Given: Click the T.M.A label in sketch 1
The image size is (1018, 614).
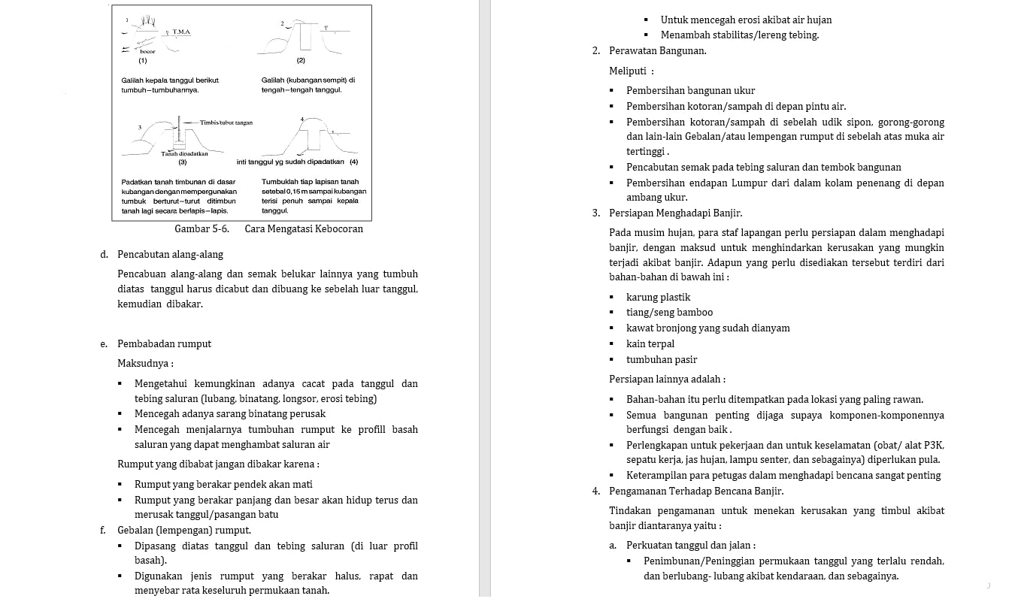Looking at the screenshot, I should point(181,32).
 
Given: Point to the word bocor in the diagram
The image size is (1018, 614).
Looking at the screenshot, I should point(147,51).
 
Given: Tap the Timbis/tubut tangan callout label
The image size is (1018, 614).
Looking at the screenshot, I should point(226,122).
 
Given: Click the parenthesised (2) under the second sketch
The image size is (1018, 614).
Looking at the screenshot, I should point(301,59).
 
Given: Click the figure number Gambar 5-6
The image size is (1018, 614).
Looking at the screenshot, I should point(201,228).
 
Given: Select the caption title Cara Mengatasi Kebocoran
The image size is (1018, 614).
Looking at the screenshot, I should point(304,228).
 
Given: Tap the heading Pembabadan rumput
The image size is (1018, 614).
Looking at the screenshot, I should point(164,343).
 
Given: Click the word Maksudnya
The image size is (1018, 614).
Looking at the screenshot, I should point(144,363).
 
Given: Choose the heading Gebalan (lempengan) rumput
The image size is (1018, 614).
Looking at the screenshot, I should point(184,530).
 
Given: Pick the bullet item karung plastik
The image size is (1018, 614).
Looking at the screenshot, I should point(658,297).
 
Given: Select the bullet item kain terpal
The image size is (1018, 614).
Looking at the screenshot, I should point(650,343).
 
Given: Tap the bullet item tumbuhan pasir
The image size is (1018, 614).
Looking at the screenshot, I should point(662,359).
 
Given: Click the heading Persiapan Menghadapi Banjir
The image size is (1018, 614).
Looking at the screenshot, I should point(675,213).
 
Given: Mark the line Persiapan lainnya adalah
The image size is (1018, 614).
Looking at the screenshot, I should point(666,379).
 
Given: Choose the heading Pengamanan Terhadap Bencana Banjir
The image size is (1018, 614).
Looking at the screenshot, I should point(696,491).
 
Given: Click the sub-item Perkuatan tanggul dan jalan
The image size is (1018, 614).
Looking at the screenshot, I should point(690,545).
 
